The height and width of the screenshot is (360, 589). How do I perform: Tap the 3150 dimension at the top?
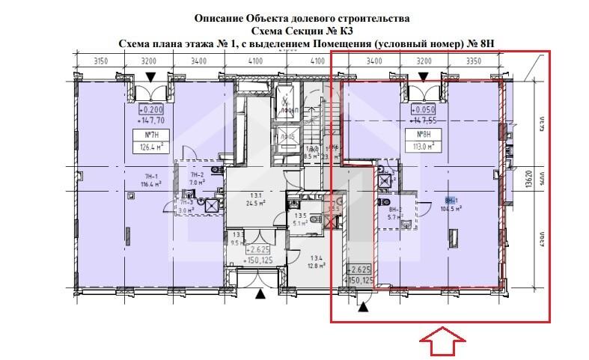click(x=103, y=61)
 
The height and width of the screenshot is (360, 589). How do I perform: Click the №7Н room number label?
click(x=144, y=135)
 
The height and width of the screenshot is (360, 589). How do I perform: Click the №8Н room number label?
click(x=415, y=135)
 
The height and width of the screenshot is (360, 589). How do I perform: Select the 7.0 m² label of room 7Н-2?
click(x=197, y=181)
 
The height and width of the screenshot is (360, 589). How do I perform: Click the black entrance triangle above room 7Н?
click(x=151, y=77)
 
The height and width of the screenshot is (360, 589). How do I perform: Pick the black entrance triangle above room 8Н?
click(x=424, y=77)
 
